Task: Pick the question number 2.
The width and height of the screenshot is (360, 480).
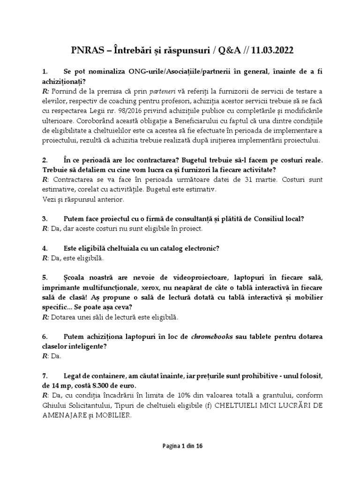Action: click(45, 160)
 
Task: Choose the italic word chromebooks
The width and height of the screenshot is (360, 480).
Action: click(213, 337)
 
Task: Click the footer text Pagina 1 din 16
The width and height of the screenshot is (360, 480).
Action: click(180, 447)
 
